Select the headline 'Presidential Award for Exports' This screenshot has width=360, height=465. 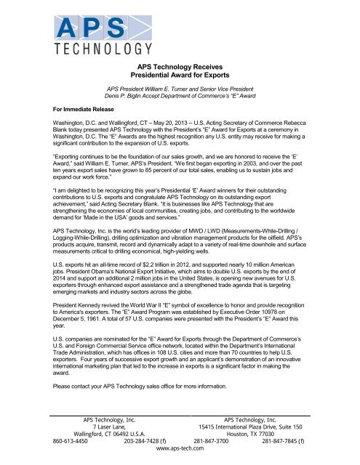click(x=180, y=74)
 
